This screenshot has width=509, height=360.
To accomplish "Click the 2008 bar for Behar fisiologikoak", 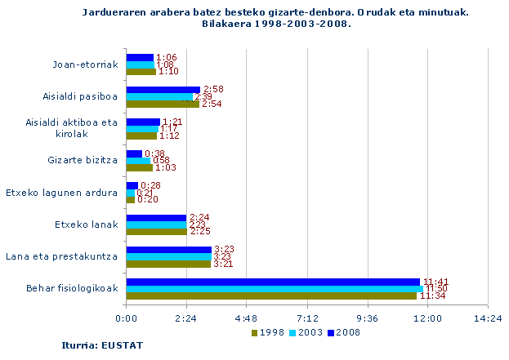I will (273, 282).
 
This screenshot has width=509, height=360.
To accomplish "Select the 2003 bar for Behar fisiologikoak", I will (275, 289).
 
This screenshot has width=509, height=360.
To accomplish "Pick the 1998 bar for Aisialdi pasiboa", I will (163, 104).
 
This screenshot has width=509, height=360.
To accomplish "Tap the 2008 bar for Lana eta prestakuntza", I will (168, 250).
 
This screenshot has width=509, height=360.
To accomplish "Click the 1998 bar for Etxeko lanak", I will (156, 231).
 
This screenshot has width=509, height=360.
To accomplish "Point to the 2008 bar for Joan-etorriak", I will (140, 57).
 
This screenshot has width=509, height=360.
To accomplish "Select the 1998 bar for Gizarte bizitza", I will (140, 167).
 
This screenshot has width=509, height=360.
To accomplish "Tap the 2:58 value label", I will (213, 89).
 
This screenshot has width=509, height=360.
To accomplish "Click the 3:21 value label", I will (223, 264).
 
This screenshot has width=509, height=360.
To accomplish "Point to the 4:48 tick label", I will (247, 318).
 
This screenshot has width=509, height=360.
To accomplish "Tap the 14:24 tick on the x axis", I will (488, 318).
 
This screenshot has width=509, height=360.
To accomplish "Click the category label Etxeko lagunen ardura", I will (61, 193).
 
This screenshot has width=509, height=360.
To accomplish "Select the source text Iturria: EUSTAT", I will (91, 346).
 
